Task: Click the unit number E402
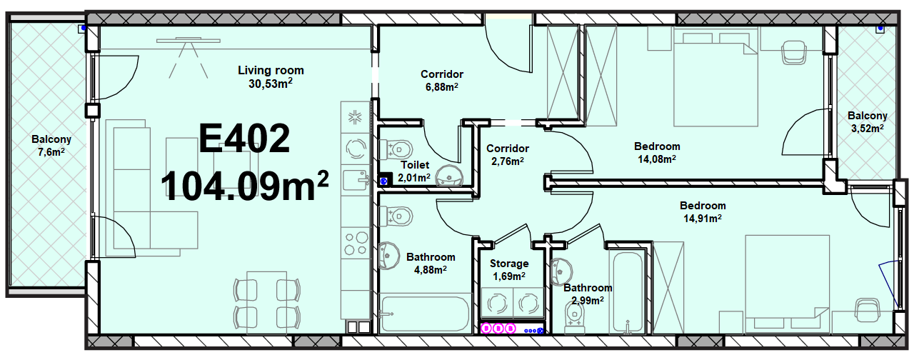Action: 244,139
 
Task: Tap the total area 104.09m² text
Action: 245,186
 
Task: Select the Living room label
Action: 271,70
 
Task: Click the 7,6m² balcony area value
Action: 51,152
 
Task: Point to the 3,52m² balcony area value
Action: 868,129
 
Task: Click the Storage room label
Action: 509,264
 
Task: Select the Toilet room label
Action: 415,165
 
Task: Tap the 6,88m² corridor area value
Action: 442,87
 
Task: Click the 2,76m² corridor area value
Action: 508,161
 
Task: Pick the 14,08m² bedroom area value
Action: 657,159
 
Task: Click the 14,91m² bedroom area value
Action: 703,219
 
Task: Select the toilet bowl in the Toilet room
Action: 396,149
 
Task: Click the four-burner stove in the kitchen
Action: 356,244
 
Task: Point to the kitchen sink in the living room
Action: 356,180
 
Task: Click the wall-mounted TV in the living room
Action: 189,41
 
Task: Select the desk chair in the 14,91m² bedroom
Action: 868,310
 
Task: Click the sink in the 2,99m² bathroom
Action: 561,271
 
